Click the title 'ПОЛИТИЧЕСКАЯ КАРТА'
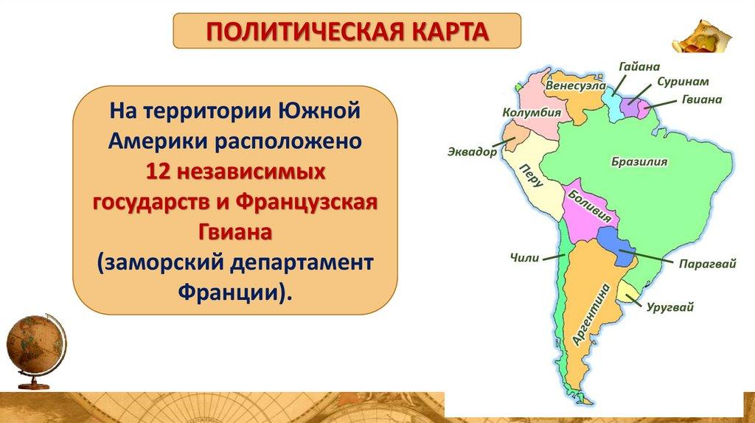347,32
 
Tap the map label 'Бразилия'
639,161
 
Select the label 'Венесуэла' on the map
576,85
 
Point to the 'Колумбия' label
532,113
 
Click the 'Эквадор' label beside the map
473,152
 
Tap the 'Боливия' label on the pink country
590,206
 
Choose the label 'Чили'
524,258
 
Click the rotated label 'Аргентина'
591,315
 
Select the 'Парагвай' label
707,265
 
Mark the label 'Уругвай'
669,307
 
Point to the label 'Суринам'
683,82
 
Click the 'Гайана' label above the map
639,66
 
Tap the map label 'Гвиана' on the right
702,99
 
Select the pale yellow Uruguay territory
627,292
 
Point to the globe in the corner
35,349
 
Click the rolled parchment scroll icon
702,36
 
